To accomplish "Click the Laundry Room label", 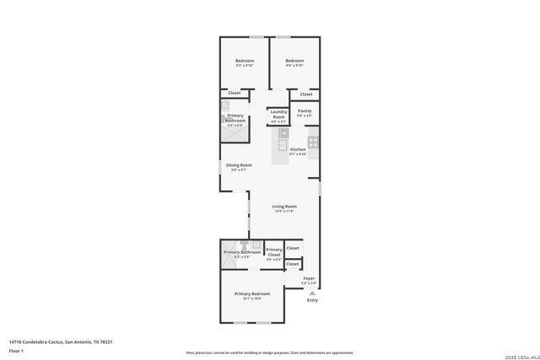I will (x=278, y=114).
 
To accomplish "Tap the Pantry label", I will (x=305, y=111).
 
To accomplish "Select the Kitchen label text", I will (x=297, y=149).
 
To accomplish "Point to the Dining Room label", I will (x=239, y=165).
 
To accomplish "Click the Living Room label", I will (x=283, y=207).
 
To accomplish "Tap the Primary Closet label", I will (x=274, y=251).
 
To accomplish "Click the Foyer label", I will (x=309, y=278).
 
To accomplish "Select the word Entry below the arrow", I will (x=312, y=300).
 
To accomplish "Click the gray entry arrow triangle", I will (x=312, y=293).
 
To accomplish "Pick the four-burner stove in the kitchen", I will (x=313, y=142).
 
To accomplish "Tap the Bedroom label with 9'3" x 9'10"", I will (x=245, y=61).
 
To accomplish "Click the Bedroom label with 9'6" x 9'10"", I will (x=294, y=61).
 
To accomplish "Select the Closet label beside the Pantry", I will (x=306, y=94).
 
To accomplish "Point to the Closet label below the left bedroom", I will (x=223, y=93).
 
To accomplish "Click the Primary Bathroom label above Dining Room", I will (x=236, y=121).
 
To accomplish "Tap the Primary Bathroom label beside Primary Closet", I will (x=241, y=252).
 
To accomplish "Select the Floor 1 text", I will (x=17, y=350).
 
